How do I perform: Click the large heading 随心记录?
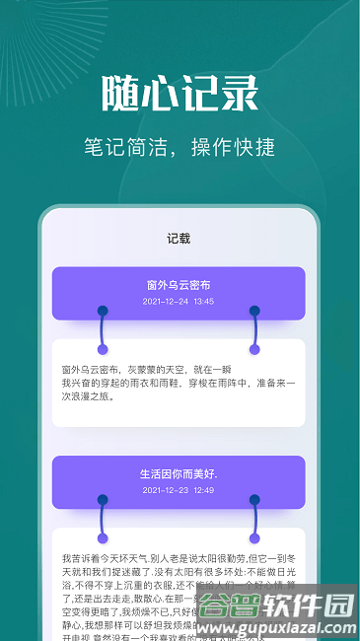click(180, 95)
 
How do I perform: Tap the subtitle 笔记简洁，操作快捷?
click(180, 148)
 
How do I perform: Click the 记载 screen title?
click(179, 238)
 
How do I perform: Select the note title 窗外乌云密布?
click(179, 285)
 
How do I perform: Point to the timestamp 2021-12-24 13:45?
click(179, 302)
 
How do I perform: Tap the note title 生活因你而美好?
click(179, 473)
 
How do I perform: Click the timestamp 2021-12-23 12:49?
click(179, 490)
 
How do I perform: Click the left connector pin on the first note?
click(103, 329)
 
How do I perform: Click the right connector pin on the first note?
click(254, 329)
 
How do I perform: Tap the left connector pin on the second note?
click(103, 520)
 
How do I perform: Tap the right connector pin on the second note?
click(254, 520)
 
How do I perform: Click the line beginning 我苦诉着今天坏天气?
click(179, 558)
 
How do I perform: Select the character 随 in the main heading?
click(120, 95)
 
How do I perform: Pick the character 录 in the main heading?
click(240, 95)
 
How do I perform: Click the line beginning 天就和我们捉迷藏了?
click(179, 571)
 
